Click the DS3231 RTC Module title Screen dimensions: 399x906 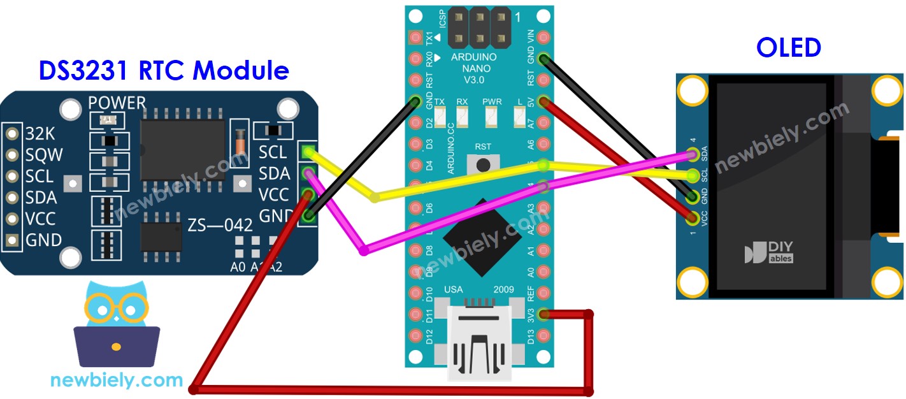(164, 71)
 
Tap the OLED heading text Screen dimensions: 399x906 (788, 48)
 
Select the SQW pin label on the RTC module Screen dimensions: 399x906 (43, 155)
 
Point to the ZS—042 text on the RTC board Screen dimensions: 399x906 (220, 225)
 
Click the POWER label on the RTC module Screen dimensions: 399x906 (117, 103)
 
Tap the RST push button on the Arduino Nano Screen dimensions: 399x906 (483, 165)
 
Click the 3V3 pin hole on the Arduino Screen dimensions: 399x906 (543, 314)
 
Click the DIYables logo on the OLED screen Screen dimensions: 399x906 (769, 252)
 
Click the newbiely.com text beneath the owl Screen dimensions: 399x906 (117, 381)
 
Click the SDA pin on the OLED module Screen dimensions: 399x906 (693, 154)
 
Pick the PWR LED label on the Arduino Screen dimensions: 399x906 (491, 101)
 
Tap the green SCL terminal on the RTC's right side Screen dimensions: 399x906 (308, 152)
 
